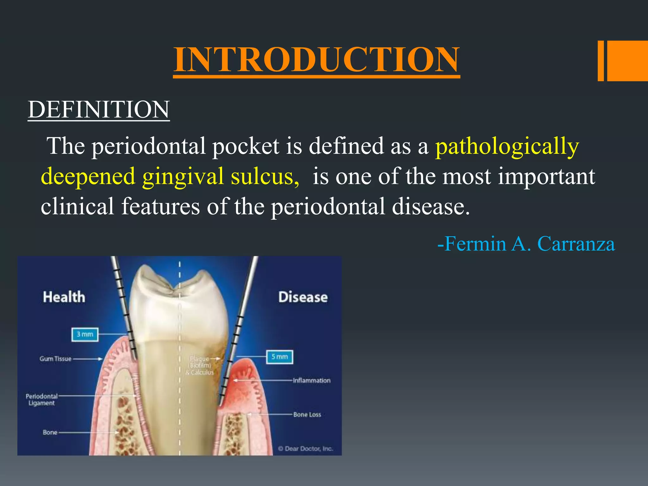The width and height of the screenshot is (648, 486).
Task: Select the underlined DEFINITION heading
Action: point(99,110)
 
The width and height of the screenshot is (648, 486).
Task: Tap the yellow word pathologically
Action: point(507,146)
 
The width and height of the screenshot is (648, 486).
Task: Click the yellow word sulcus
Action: point(265,176)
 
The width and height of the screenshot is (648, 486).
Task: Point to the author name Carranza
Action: point(576,244)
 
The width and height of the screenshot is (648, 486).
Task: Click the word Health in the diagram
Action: point(64,297)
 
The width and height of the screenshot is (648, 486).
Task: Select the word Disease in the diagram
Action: point(303,297)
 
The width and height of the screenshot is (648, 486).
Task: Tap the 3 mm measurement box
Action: point(85,334)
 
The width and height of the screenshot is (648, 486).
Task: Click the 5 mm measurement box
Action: point(279,357)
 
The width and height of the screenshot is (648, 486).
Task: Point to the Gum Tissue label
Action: point(56,359)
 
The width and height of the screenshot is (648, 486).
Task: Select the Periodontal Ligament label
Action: point(41,400)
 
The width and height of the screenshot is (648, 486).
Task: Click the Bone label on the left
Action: point(50,432)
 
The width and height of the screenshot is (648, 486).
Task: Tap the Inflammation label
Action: point(311,380)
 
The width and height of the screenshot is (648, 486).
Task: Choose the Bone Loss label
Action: point(307,414)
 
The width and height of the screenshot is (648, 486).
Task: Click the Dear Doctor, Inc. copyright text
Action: point(306,449)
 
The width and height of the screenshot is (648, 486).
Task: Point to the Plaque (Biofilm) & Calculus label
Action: point(200,365)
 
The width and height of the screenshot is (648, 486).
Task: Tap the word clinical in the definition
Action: point(78,206)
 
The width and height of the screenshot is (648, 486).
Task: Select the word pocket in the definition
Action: point(246,146)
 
